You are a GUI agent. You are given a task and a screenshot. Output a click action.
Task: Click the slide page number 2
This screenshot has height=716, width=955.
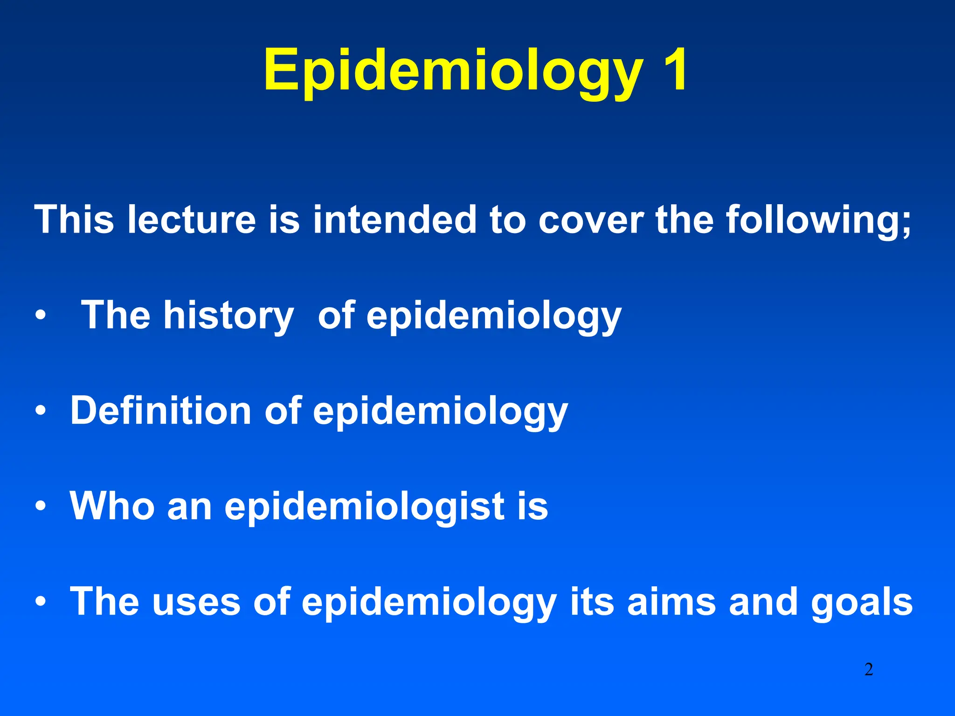(868, 669)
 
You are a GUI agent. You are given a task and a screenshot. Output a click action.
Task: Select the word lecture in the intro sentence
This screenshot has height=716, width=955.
(192, 220)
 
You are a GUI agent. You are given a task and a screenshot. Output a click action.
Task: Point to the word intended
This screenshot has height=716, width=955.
(394, 220)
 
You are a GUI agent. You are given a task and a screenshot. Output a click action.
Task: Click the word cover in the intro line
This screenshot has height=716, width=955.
(591, 220)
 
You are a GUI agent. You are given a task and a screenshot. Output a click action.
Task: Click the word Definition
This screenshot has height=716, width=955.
(161, 411)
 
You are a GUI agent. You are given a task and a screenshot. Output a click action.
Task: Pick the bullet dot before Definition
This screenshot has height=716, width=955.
(41, 411)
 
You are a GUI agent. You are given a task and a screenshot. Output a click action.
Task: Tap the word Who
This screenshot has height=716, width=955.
(112, 506)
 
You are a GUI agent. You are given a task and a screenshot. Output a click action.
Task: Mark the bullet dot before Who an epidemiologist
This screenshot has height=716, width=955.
(41, 506)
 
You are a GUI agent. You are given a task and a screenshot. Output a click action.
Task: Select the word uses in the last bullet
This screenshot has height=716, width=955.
(196, 602)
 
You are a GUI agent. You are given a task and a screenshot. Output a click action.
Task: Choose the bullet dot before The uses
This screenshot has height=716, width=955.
(41, 602)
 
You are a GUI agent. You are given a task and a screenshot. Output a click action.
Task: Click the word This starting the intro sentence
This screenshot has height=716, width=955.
(74, 220)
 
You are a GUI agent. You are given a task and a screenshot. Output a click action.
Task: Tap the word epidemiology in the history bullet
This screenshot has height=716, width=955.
(494, 317)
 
